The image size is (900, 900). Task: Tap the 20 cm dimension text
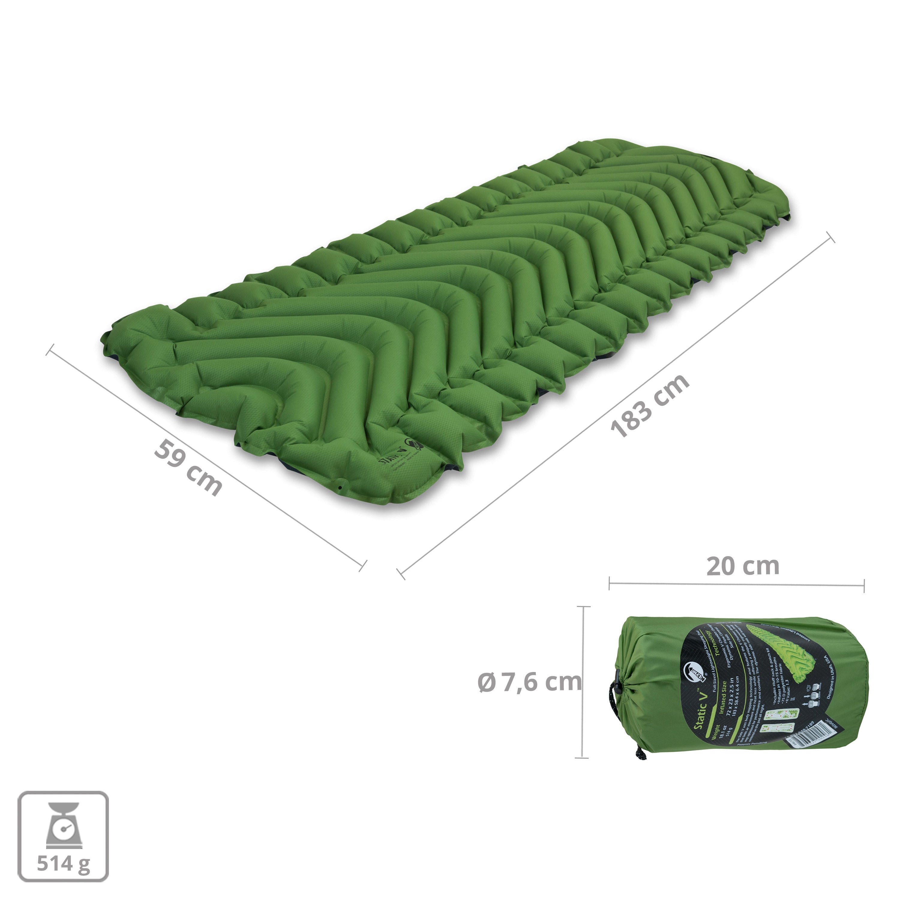click(742, 566)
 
